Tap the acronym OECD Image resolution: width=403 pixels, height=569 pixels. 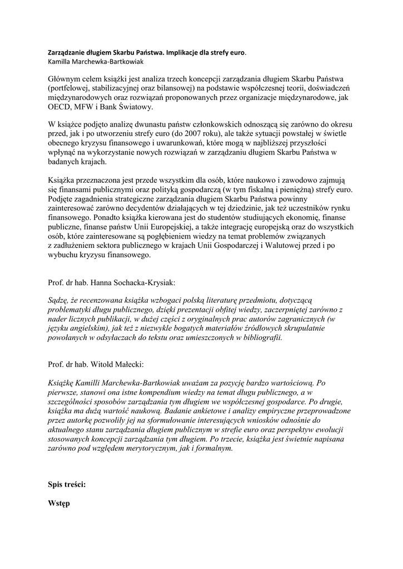click(x=62, y=109)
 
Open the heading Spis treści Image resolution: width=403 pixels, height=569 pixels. click(x=67, y=484)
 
